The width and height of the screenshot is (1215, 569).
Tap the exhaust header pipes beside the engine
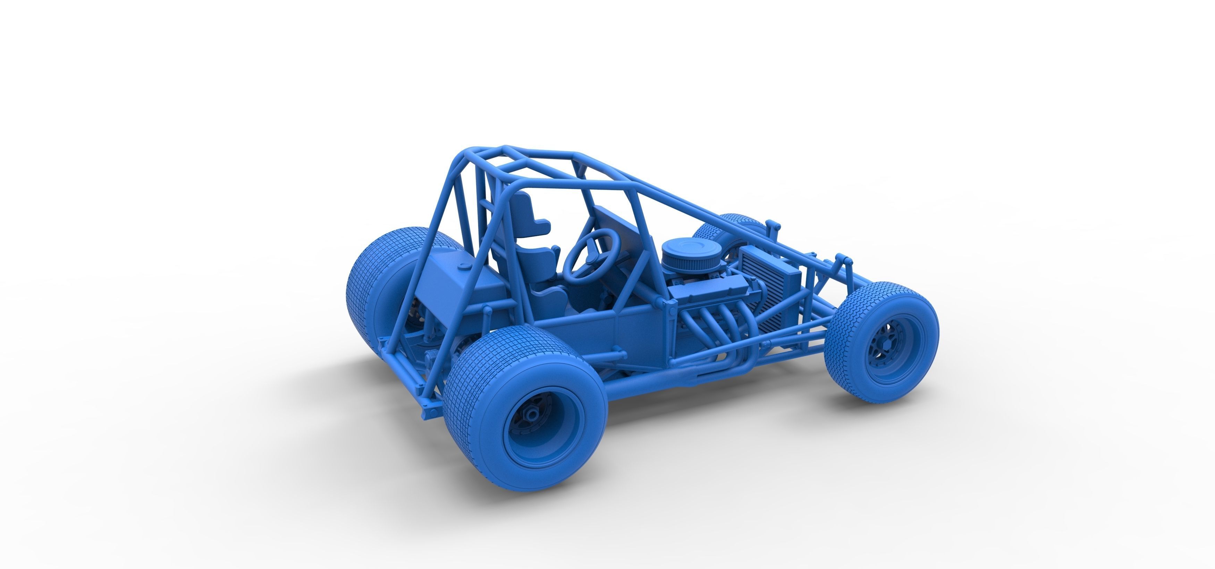pyautogui.click(x=708, y=325)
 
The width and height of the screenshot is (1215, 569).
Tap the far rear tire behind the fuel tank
pyautogui.click(x=377, y=283)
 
